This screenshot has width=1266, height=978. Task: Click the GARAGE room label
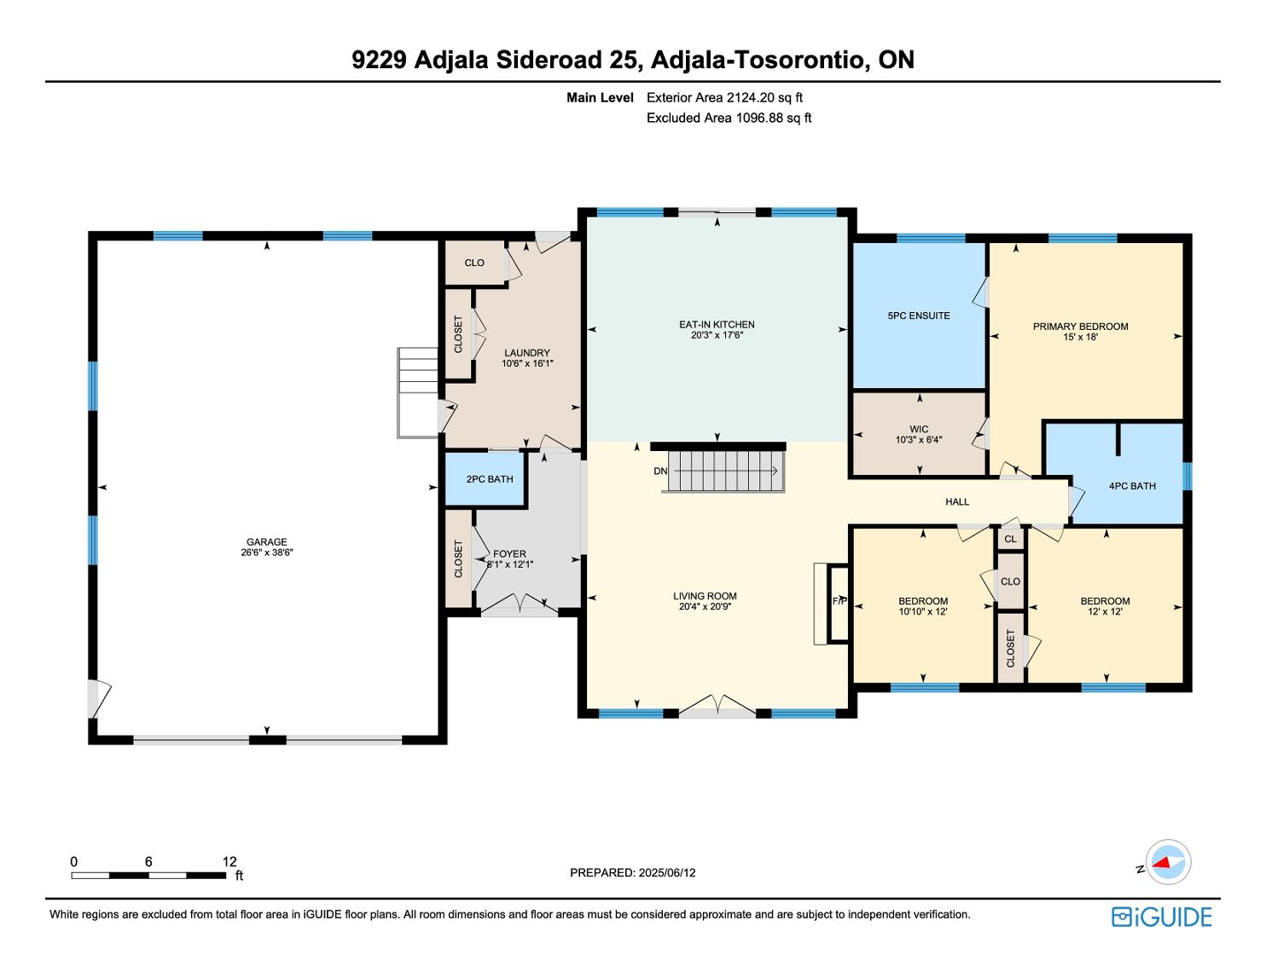tap(266, 542)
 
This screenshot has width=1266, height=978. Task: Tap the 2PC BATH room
tap(485, 479)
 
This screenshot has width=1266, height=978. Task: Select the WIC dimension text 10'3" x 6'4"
tap(919, 440)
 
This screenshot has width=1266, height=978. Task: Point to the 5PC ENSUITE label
tap(919, 315)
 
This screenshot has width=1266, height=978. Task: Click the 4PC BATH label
tap(1132, 486)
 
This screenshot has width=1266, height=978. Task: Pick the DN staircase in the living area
tap(723, 471)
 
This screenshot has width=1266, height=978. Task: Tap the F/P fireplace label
tap(839, 601)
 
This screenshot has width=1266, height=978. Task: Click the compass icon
tap(1168, 862)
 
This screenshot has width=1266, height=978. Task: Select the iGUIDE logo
tap(1161, 917)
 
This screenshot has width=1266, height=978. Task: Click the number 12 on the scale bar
tap(229, 861)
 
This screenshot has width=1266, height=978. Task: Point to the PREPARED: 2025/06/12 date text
tap(633, 872)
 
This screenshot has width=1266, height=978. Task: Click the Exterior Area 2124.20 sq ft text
tap(724, 98)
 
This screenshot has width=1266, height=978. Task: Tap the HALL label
tap(957, 502)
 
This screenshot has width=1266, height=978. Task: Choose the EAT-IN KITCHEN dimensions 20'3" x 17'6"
tap(717, 335)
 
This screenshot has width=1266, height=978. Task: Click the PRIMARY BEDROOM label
tap(1080, 327)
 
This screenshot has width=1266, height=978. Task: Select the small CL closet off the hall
tap(1010, 539)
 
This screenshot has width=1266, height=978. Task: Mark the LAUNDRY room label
tap(526, 353)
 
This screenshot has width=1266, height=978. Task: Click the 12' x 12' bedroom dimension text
tap(1105, 612)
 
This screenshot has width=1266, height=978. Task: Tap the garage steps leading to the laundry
tap(417, 392)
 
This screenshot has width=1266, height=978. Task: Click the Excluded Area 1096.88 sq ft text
tap(729, 119)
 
